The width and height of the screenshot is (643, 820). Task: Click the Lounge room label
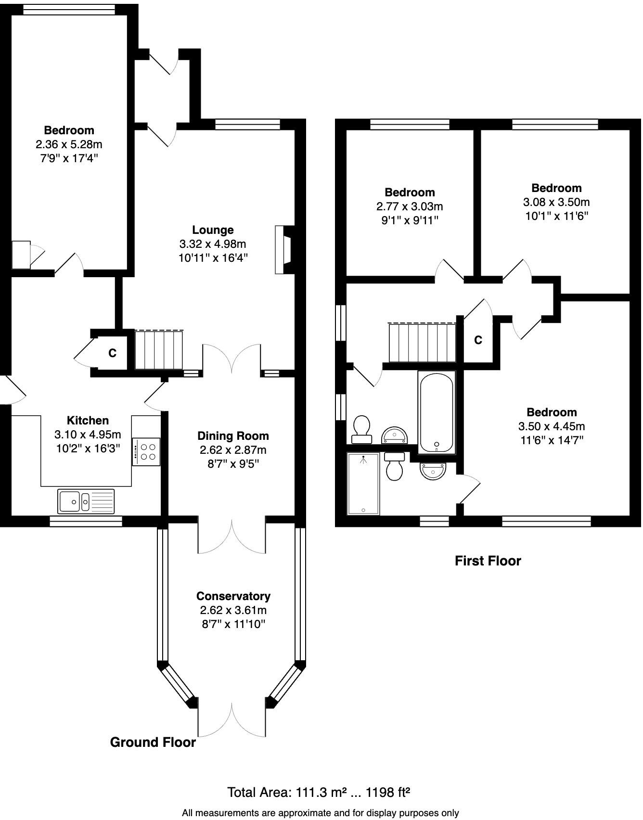pyautogui.click(x=213, y=230)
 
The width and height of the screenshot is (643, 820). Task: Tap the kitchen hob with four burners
pyautogui.click(x=146, y=451)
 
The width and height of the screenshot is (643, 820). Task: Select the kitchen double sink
pyautogui.click(x=86, y=501)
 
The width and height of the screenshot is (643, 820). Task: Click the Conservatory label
pyautogui.click(x=233, y=596)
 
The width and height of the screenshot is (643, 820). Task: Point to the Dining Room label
pyautogui.click(x=233, y=436)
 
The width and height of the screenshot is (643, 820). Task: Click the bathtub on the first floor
pyautogui.click(x=436, y=412)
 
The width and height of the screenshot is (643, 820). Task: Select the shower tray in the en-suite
pyautogui.click(x=363, y=483)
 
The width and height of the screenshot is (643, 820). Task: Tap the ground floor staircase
pyautogui.click(x=158, y=350)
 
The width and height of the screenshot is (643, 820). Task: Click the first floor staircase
pyautogui.click(x=422, y=342)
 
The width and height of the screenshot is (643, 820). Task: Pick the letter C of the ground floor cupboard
pyautogui.click(x=112, y=353)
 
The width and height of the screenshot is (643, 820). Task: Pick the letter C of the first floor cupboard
pyautogui.click(x=478, y=340)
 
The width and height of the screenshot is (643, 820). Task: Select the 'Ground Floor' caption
pyautogui.click(x=153, y=743)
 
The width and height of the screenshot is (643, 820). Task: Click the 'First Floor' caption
pyautogui.click(x=488, y=561)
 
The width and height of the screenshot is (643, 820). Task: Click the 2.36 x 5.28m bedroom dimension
pyautogui.click(x=69, y=144)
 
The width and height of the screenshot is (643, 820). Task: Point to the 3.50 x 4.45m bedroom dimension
pyautogui.click(x=552, y=426)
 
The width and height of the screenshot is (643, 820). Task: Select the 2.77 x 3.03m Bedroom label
pyautogui.click(x=410, y=192)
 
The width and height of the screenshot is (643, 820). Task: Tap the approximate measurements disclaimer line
pyautogui.click(x=320, y=813)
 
